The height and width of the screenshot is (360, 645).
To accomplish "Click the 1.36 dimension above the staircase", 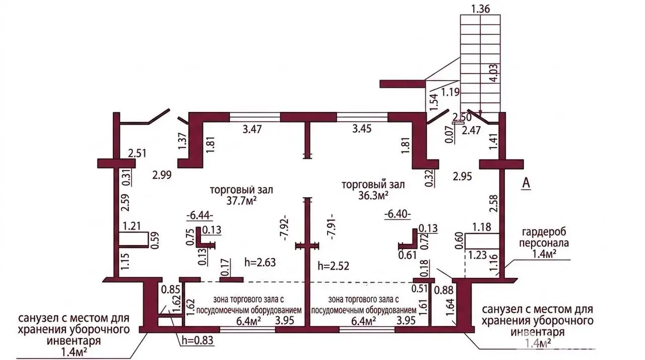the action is pos(480,9).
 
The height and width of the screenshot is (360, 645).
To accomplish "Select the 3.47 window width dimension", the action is pos(252,129).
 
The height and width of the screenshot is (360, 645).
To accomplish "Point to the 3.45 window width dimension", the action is pos(362,129).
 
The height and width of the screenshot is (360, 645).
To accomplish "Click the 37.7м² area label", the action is pos(241,201).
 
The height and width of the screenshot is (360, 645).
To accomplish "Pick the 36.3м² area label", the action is pos(373,196).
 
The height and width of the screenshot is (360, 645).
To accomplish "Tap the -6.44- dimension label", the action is pos(200,215).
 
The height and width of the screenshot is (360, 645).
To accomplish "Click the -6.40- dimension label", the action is pos(398,214).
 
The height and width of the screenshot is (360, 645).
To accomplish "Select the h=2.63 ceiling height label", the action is pos(260,262).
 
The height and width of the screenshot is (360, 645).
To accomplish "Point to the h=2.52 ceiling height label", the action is pos(334,266).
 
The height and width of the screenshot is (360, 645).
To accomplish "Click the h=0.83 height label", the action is pos(198,340).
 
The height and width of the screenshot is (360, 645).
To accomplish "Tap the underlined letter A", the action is pos(527,184).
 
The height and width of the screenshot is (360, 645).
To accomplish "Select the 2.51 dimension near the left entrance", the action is pos(138,153).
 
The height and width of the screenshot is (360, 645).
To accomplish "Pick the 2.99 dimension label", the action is pos(162,175).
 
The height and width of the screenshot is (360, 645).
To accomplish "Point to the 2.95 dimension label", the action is pos(463,176).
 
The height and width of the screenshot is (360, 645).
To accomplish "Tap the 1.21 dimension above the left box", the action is pos(132,226).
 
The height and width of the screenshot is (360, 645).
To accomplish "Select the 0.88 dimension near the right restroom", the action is pos(444,290).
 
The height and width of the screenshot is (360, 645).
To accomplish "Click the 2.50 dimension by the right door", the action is pos(462,117).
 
